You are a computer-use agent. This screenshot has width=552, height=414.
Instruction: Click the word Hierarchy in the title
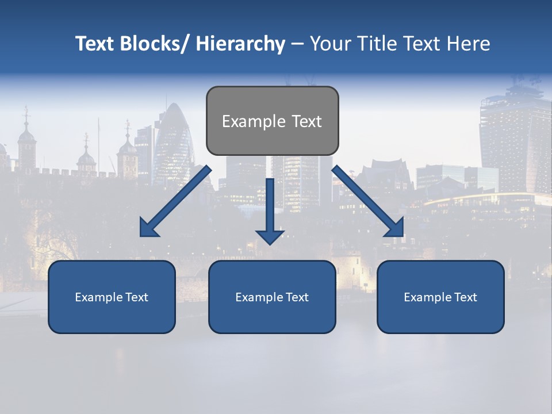pos(240,44)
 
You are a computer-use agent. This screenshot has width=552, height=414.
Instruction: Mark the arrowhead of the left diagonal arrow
pos(149,229)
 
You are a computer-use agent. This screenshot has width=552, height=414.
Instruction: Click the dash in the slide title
pos(297,44)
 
